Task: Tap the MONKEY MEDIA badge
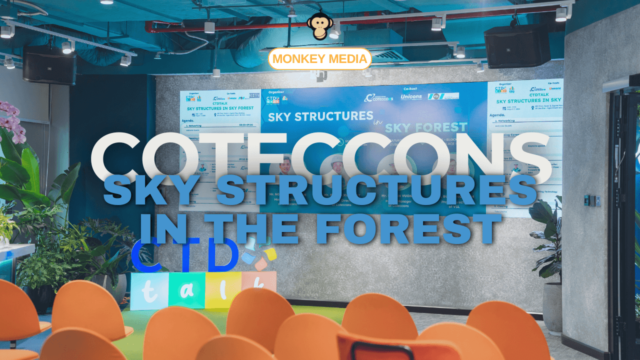pos(320,59)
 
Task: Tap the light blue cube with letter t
pos(149,291)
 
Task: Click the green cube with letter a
pos(186,290)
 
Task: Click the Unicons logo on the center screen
pos(411,96)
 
